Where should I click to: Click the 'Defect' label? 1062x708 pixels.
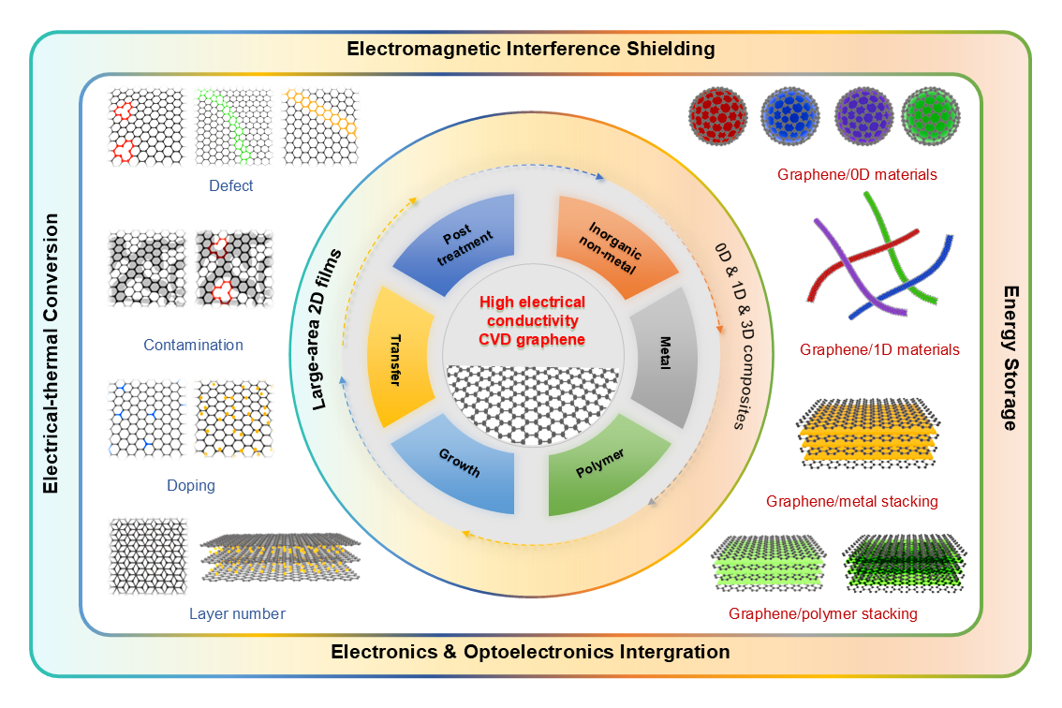click(231, 185)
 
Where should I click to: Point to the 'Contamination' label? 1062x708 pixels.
click(193, 345)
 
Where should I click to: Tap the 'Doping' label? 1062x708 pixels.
click(191, 485)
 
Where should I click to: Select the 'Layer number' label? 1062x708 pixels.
click(237, 613)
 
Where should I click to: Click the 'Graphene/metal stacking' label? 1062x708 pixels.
click(851, 501)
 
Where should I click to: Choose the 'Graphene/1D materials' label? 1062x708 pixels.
click(879, 349)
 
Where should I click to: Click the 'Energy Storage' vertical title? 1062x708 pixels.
click(1010, 359)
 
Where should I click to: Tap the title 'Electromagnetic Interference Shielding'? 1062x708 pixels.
click(531, 48)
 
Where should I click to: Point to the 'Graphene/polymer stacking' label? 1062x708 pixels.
click(823, 613)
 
